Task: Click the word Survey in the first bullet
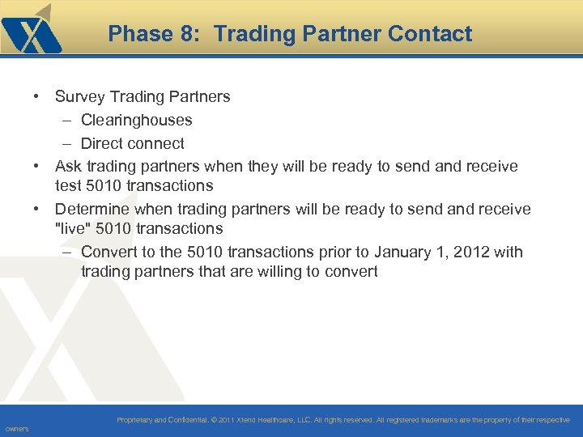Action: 79,97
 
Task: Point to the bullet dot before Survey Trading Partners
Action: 38,97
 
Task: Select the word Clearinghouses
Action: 136,121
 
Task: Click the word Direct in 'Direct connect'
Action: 104,144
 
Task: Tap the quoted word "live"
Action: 73,229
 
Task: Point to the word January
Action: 385,252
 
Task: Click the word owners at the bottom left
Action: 16,429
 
